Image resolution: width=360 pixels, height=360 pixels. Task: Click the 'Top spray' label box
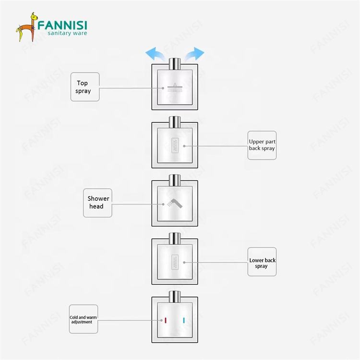(x=85, y=87)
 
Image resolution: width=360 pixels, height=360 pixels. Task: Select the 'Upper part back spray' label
(x=262, y=145)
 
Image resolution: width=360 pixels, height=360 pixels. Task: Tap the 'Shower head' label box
(x=98, y=202)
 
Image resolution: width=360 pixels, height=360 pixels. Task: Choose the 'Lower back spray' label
(x=262, y=262)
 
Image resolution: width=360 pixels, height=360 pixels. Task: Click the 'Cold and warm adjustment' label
(x=84, y=319)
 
